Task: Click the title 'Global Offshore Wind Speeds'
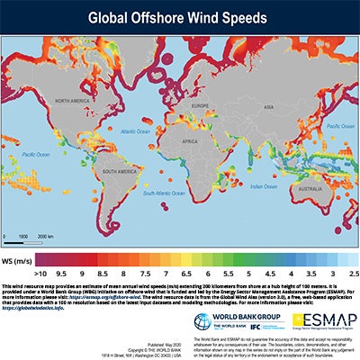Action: pyautogui.click(x=180, y=17)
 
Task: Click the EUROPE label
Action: pyautogui.click(x=193, y=97)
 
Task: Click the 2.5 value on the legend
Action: pyautogui.click(x=354, y=270)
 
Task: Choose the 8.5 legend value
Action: pyautogui.click(x=103, y=270)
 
